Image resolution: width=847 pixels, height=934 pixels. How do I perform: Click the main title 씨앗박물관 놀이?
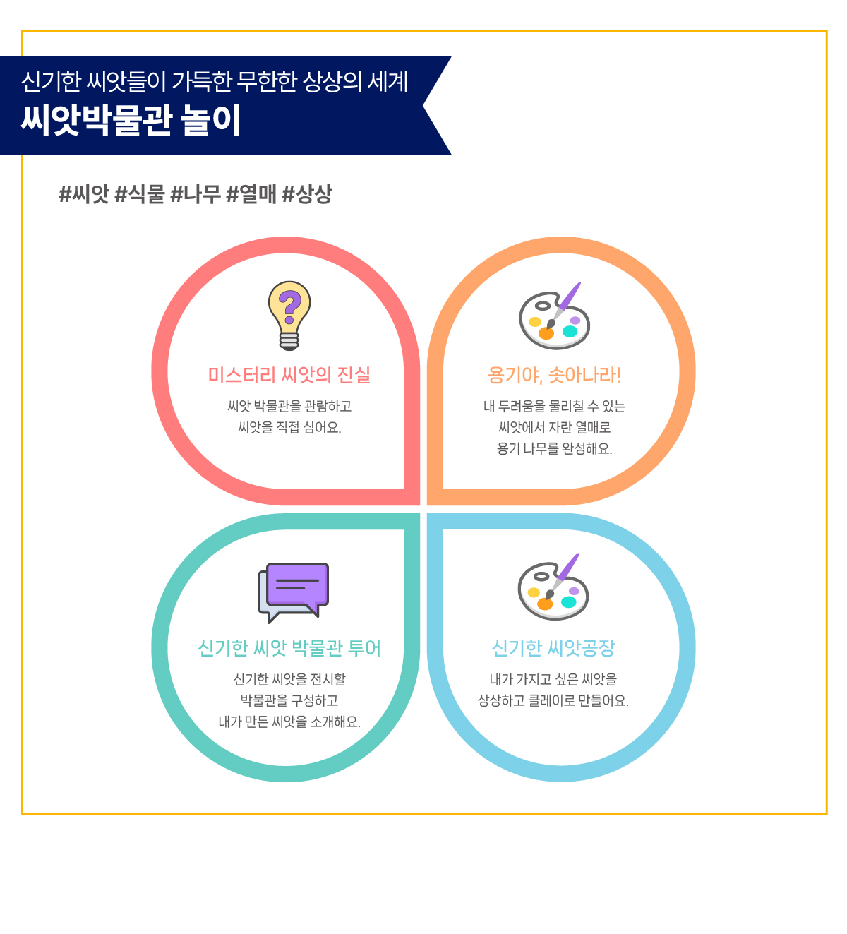click(x=131, y=120)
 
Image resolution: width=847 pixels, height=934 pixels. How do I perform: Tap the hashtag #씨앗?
click(x=84, y=194)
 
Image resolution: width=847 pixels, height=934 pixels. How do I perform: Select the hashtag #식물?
click(x=140, y=194)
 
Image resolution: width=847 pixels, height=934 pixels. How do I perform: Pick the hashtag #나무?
click(x=196, y=194)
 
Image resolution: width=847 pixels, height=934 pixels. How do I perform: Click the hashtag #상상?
click(x=307, y=194)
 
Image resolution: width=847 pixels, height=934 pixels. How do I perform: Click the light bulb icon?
click(x=289, y=316)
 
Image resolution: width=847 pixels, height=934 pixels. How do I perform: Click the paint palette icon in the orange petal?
click(x=554, y=316)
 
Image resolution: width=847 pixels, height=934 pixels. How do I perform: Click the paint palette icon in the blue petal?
click(x=553, y=587)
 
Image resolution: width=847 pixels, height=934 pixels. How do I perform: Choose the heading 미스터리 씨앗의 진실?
click(x=289, y=376)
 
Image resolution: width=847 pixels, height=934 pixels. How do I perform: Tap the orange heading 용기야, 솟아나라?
click(x=554, y=376)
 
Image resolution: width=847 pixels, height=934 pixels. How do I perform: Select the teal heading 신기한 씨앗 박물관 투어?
click(x=289, y=648)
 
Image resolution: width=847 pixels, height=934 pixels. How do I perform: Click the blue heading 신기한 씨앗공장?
click(x=553, y=648)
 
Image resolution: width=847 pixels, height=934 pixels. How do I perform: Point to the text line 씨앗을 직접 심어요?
click(x=289, y=427)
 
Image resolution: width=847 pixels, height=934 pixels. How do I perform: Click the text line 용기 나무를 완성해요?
click(x=554, y=449)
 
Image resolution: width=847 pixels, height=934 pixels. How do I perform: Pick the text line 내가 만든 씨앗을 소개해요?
click(x=289, y=722)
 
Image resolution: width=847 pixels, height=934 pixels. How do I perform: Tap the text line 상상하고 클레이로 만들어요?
click(x=553, y=701)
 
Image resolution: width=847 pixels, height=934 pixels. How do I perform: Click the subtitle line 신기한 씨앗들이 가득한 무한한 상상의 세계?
click(x=215, y=81)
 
